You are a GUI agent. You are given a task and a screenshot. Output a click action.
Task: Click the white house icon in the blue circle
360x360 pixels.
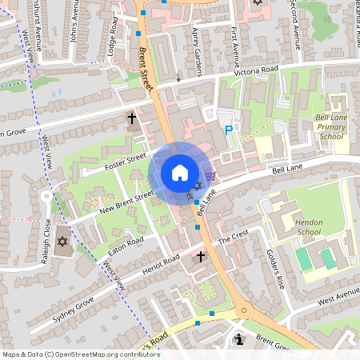[x=180, y=174]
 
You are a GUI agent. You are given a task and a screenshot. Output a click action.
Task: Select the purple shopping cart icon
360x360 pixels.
[x=210, y=175]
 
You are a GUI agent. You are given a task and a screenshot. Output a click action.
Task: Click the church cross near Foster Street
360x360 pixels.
[x=132, y=118]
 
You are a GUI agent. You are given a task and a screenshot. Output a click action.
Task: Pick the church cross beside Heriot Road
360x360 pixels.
[x=200, y=257]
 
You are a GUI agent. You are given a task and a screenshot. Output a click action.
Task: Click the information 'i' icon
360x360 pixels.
[x=238, y=340]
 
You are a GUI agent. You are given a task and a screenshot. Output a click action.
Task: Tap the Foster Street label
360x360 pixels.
[x=126, y=162]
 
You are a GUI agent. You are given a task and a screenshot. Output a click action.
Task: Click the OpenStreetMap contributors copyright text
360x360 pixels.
[x=81, y=354]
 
